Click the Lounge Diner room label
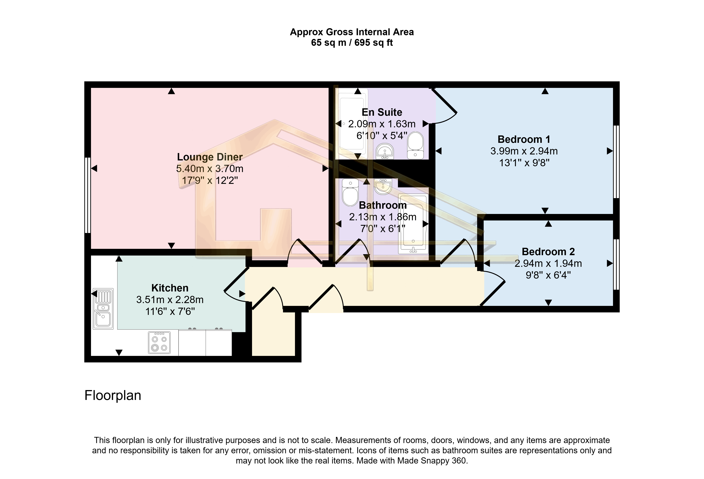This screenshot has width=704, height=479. point(210,157)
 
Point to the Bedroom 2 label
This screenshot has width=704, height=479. point(548,252)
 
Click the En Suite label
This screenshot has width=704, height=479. point(382,112)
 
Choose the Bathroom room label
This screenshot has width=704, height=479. point(383,205)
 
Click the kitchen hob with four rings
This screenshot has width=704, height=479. point(159,343)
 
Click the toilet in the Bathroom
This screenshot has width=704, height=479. point(350,192)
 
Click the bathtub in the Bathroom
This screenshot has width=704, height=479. point(413,224)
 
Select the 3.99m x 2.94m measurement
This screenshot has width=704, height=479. point(524,151)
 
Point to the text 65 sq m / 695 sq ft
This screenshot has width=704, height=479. point(352,43)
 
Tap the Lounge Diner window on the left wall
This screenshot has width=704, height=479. point(87,195)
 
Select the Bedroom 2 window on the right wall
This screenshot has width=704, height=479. point(616,264)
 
